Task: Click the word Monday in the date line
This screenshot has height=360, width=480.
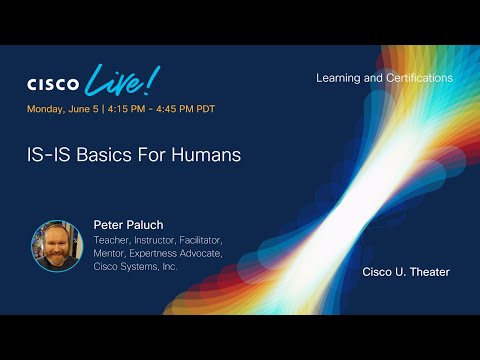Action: [46, 109]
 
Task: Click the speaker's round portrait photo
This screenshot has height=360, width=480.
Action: [56, 246]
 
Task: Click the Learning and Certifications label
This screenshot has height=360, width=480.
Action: [384, 77]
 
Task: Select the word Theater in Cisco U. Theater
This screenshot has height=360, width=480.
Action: [429, 272]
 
